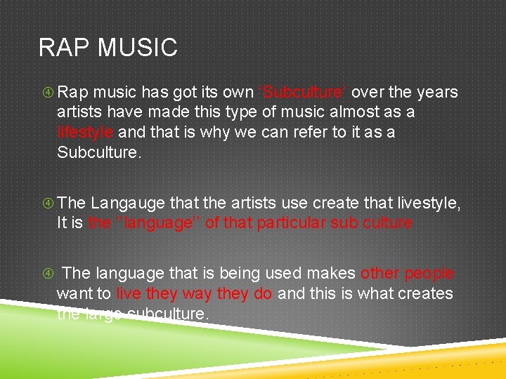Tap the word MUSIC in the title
[x=137, y=48]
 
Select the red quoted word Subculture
[x=304, y=92]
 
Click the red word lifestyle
[x=85, y=132]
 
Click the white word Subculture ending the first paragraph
[x=98, y=152]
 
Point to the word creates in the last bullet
[x=426, y=293]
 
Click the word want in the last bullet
[x=74, y=293]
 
